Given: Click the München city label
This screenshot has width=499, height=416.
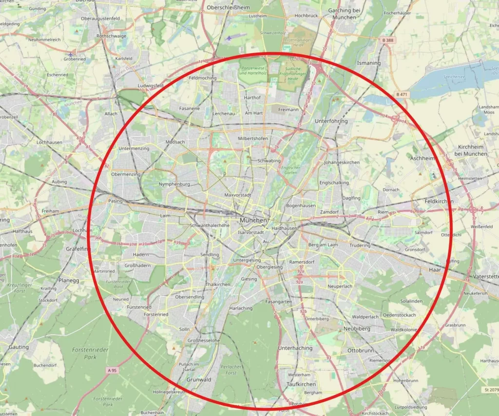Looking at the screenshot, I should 253,220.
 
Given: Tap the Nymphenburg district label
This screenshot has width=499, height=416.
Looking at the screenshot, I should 174,184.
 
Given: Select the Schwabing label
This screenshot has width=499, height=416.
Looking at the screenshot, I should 269,160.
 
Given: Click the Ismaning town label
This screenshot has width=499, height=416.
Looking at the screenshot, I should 369,63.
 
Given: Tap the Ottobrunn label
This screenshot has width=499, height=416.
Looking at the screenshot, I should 360,350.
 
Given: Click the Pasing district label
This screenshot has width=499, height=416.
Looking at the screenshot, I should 115,201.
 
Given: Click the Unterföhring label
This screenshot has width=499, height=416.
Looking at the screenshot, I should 331,120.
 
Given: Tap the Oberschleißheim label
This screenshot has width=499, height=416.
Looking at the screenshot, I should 228,8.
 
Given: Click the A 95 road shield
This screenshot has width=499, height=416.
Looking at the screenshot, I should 112,371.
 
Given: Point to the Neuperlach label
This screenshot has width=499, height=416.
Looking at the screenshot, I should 340,286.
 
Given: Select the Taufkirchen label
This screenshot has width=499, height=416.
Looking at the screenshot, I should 301,384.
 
